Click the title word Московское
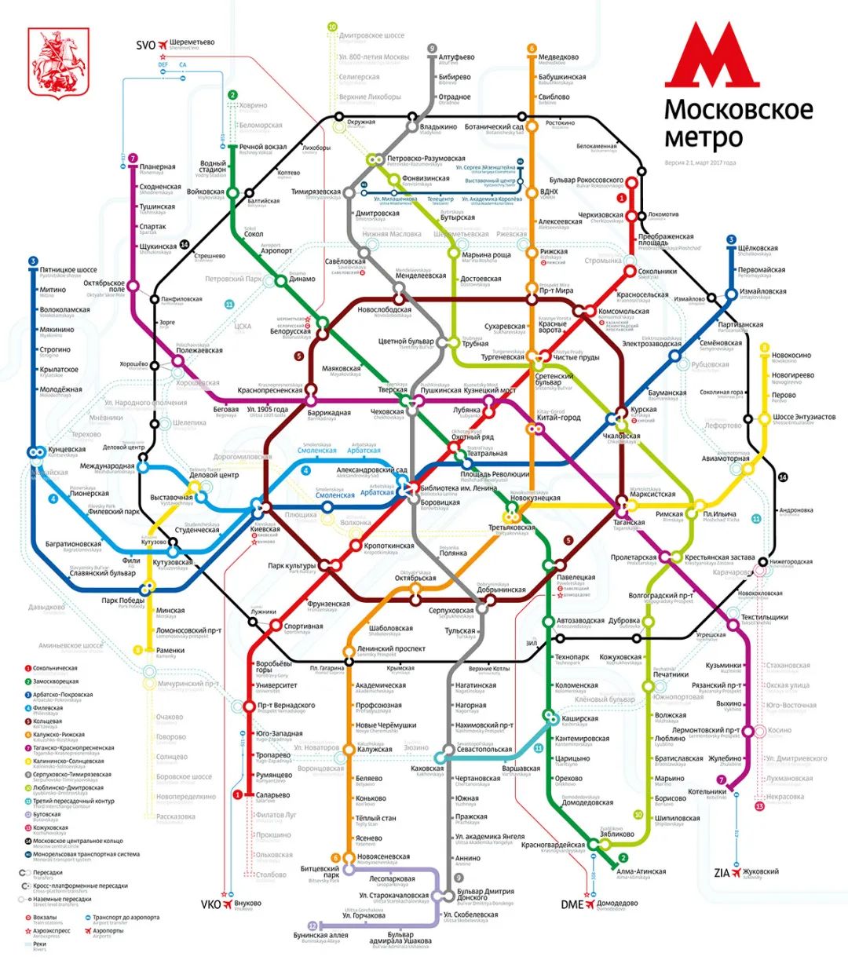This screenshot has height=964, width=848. (738, 109)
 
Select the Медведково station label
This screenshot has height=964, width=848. (558, 57)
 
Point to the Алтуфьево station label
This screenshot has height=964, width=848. (456, 57)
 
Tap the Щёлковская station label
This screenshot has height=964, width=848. (757, 249)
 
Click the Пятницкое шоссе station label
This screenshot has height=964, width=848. (68, 270)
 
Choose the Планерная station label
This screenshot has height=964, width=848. (157, 167)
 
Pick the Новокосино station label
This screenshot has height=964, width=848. (791, 356)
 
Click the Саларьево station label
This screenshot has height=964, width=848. (272, 795)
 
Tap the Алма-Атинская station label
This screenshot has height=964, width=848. (641, 871)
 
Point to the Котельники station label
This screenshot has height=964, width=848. (707, 792)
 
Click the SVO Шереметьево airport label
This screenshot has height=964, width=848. (186, 45)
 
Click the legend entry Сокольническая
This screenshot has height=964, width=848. (55, 669)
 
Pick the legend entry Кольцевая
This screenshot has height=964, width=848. (49, 721)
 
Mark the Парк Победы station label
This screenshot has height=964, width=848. (123, 601)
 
